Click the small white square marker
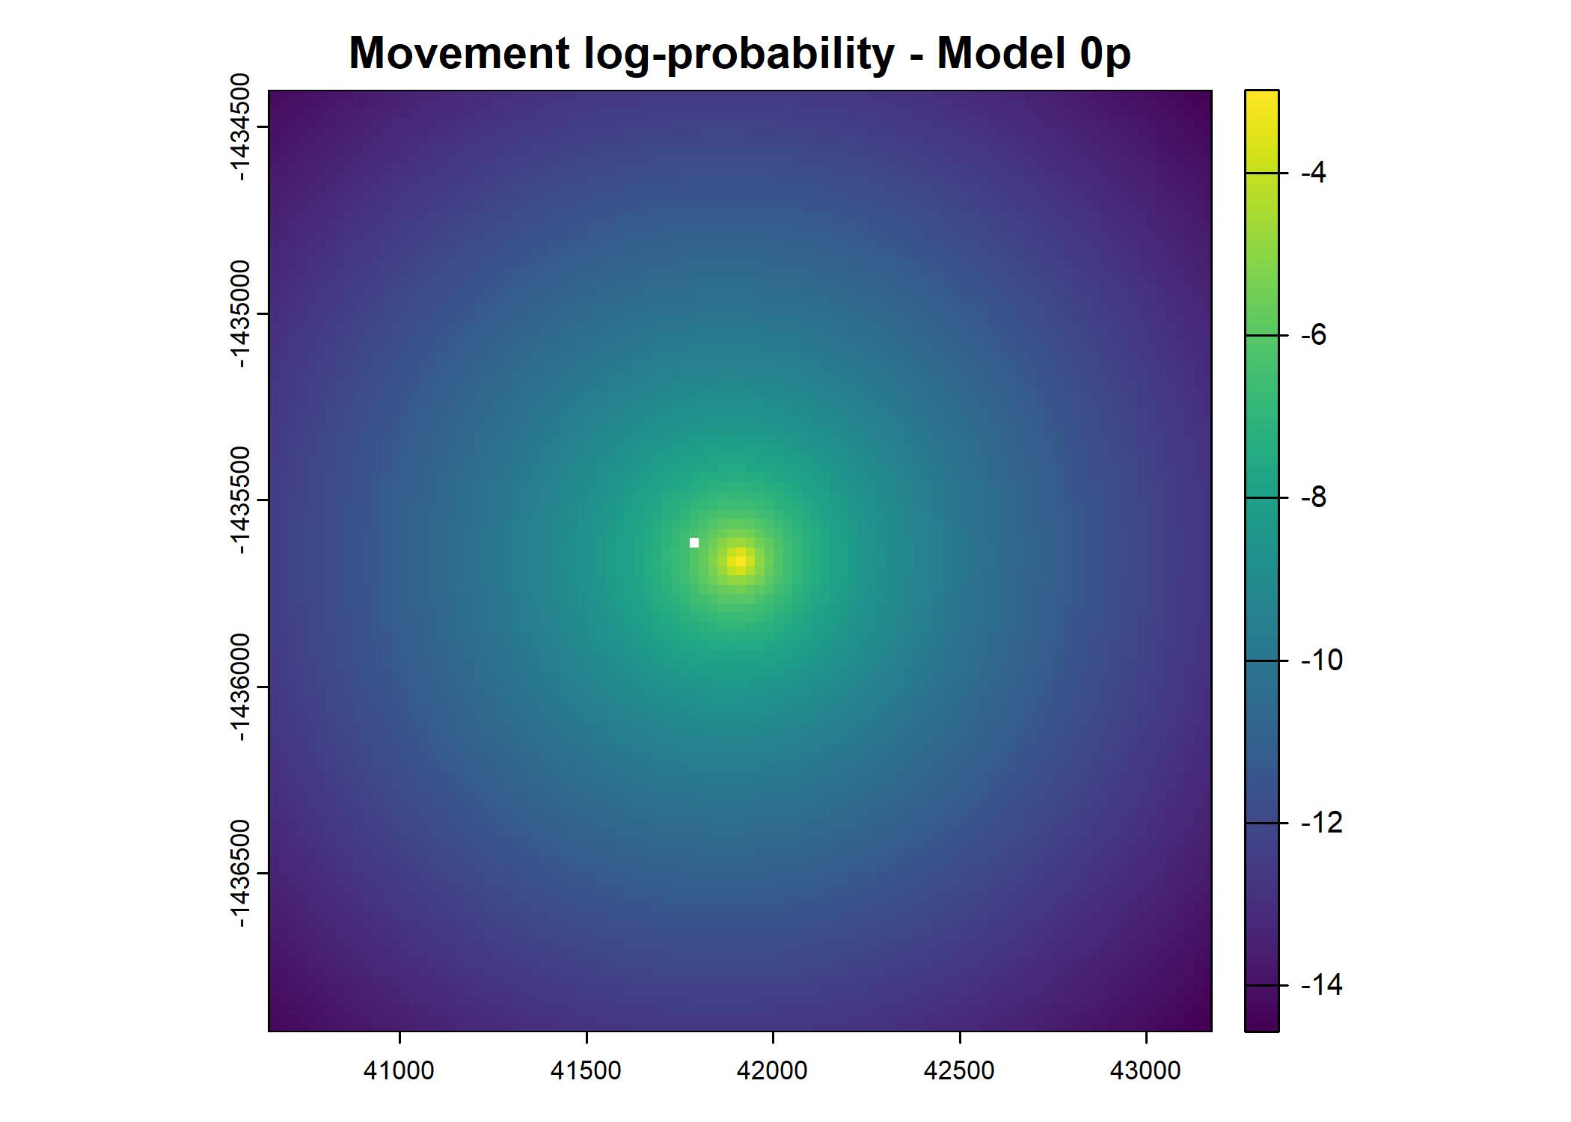pos(694,543)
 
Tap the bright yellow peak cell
pos(741,560)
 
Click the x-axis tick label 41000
pos(399,1071)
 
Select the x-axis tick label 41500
pos(586,1071)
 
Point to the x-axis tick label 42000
pos(772,1071)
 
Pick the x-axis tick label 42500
pos(959,1071)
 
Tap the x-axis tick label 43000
pos(1145,1071)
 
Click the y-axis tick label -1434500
pos(239,127)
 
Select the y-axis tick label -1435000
pos(239,314)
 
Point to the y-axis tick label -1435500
pos(239,500)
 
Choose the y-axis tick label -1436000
pos(239,687)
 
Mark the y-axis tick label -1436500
pos(239,874)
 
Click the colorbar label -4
pos(1314,173)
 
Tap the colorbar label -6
pos(1314,335)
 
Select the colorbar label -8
pos(1314,497)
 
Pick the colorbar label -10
pos(1322,660)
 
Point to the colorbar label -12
pos(1322,823)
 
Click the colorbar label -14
pos(1322,985)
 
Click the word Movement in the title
pos(460,54)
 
